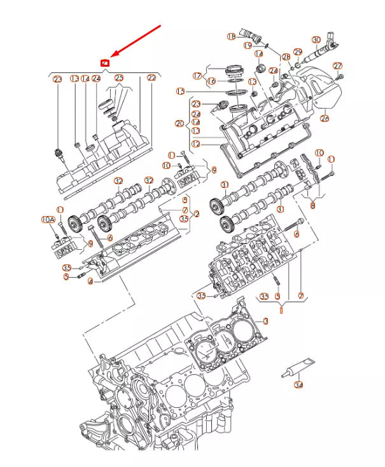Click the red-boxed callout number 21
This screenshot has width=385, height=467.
coord(106,63)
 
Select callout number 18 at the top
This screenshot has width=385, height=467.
coord(232,37)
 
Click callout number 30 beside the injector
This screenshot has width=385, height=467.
coord(316,40)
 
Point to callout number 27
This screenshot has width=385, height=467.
coord(338,66)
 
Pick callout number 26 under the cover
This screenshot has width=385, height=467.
coord(325,117)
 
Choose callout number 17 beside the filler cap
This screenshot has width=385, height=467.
coord(197,76)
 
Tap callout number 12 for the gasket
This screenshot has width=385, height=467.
coord(196,144)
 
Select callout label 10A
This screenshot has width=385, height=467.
coord(48,219)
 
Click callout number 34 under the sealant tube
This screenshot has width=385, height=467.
coord(298,385)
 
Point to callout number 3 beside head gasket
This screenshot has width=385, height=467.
coord(266,322)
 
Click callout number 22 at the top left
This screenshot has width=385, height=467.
coord(151,79)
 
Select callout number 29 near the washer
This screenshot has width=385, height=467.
coord(297,51)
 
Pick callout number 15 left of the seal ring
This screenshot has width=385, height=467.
coord(181,91)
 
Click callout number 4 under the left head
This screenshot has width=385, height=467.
coord(90,280)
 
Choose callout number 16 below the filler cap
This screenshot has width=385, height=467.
coord(211,81)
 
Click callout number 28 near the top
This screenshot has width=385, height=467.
coord(286,57)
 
